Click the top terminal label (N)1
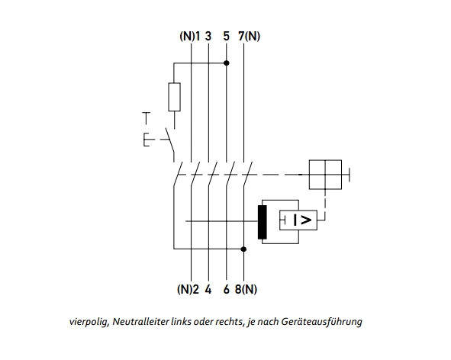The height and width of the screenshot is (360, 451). (x=190, y=37)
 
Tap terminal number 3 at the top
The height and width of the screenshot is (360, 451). (x=208, y=37)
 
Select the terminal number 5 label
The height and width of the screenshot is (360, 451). (x=227, y=37)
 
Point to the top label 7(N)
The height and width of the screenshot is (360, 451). (x=249, y=37)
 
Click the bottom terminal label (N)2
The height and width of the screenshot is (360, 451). (x=188, y=289)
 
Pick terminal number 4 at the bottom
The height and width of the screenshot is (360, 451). (x=208, y=289)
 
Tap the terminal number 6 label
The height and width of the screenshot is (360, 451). (x=227, y=289)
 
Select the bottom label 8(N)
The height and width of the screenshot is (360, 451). (x=246, y=289)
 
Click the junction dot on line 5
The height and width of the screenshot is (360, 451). (x=227, y=63)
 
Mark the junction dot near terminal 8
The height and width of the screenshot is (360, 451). (x=243, y=249)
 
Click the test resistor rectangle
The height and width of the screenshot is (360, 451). (x=174, y=97)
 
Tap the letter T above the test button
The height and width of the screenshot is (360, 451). (x=147, y=118)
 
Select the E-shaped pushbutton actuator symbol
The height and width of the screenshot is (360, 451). (x=147, y=140)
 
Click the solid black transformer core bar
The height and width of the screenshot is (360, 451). (x=263, y=222)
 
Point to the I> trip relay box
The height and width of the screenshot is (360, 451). (x=298, y=220)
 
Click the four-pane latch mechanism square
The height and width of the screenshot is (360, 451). (x=325, y=175)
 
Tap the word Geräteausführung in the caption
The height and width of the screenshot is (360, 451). (x=321, y=321)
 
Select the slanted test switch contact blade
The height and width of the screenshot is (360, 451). (x=169, y=140)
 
